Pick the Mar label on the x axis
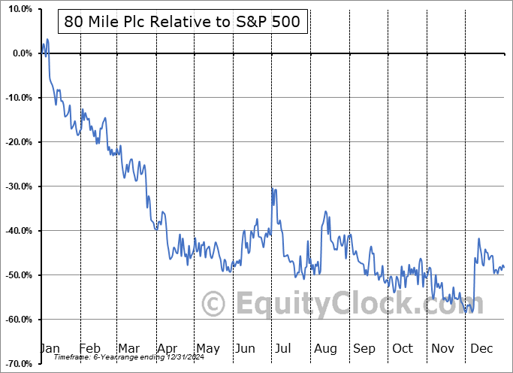coord(128,348)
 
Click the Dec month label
coord(480,348)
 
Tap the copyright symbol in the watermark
coord(215,305)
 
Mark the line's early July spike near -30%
coord(273,188)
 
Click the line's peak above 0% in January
coord(47,39)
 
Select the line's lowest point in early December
coord(467,312)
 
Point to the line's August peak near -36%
coord(325,212)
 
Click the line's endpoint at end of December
coord(503,267)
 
